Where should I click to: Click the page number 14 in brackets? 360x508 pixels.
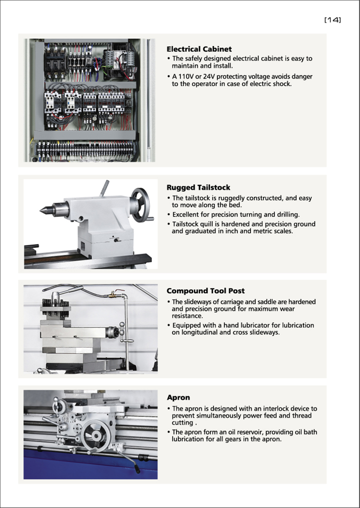pyautogui.click(x=332, y=20)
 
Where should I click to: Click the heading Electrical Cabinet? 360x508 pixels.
pyautogui.click(x=199, y=49)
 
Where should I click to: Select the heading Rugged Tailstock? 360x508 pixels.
pyautogui.click(x=198, y=187)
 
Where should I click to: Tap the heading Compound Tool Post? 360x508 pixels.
pyautogui.click(x=205, y=291)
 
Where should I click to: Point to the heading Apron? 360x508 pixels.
pyautogui.click(x=178, y=398)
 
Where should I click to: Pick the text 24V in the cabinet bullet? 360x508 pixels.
pyautogui.click(x=213, y=76)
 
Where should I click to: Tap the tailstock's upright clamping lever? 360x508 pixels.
pyautogui.click(x=104, y=188)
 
